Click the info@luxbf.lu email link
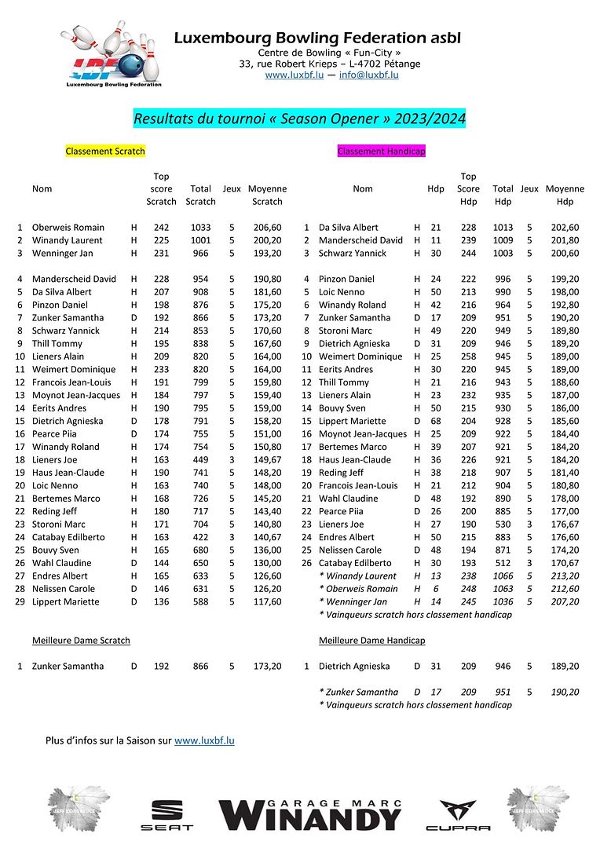[368, 75]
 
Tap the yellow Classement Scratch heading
[105, 151]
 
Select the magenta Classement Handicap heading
[382, 151]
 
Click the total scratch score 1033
[200, 227]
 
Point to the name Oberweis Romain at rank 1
[68, 227]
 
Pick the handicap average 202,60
[565, 227]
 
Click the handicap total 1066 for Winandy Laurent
[503, 576]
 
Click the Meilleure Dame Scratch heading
[81, 640]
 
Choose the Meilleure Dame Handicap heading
[371, 640]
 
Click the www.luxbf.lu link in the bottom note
[204, 740]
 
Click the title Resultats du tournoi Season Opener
[300, 119]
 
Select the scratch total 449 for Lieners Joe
[200, 459]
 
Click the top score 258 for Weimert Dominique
[468, 356]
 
